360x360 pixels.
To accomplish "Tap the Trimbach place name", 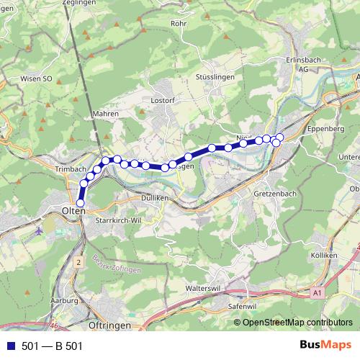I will tap(70, 168).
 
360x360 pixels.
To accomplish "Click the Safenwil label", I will tap(243, 306).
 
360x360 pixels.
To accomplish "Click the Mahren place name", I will tap(106, 114).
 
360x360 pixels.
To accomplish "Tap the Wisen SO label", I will tap(37, 78).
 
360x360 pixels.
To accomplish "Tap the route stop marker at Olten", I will tap(80, 204).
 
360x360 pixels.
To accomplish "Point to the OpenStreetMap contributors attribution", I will tap(297, 323).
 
